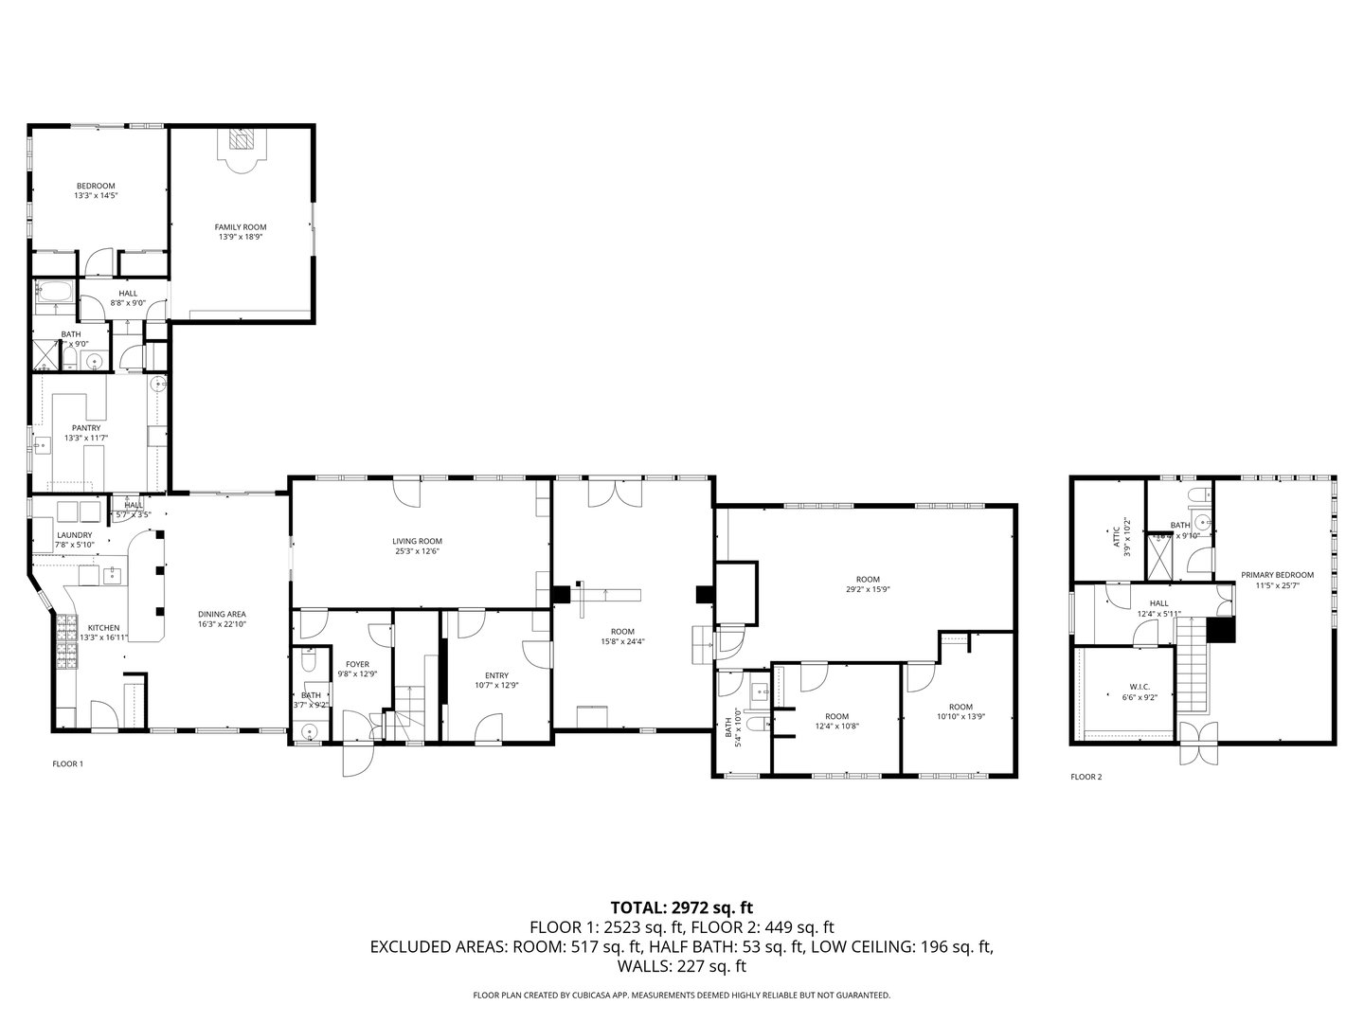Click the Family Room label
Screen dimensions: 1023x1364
point(240,232)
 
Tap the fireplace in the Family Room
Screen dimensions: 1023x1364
point(241,140)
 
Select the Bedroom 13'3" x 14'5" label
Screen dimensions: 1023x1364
point(95,190)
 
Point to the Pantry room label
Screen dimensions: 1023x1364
point(86,433)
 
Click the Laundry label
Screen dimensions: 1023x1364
point(75,540)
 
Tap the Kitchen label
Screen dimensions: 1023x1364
point(103,632)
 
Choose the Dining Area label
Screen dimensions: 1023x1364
point(222,619)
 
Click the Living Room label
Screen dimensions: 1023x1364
point(418,546)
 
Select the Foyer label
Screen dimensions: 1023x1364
point(357,669)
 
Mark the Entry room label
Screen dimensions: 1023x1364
point(496,680)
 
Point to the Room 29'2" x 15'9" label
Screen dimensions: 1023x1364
point(867,583)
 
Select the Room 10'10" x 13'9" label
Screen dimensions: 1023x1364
point(960,711)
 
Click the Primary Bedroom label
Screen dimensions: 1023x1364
point(1277,580)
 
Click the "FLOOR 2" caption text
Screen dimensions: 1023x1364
point(1086,777)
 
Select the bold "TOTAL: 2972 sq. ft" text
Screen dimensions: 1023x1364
point(681,907)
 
